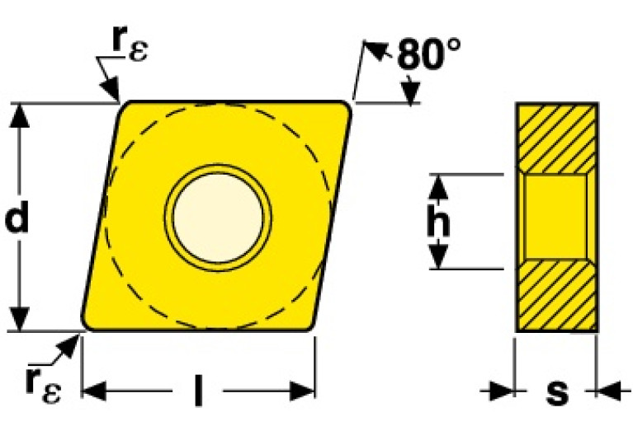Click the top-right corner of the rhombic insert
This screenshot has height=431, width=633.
pyautogui.click(x=347, y=105)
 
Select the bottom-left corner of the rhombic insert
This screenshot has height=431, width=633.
pyautogui.click(x=86, y=326)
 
